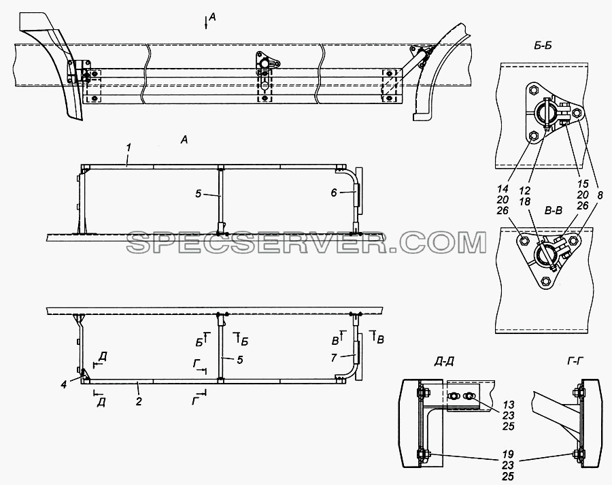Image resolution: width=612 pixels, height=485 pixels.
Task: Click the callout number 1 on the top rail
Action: [x=129, y=148]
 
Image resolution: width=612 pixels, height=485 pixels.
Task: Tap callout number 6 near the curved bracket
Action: [x=334, y=193]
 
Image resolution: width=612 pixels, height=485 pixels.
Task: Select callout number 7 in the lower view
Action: [x=334, y=357]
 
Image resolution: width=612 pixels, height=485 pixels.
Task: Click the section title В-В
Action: [x=553, y=212]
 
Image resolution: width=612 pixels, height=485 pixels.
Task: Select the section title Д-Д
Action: [x=444, y=362]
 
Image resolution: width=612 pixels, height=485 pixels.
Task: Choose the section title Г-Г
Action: [x=575, y=362]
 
